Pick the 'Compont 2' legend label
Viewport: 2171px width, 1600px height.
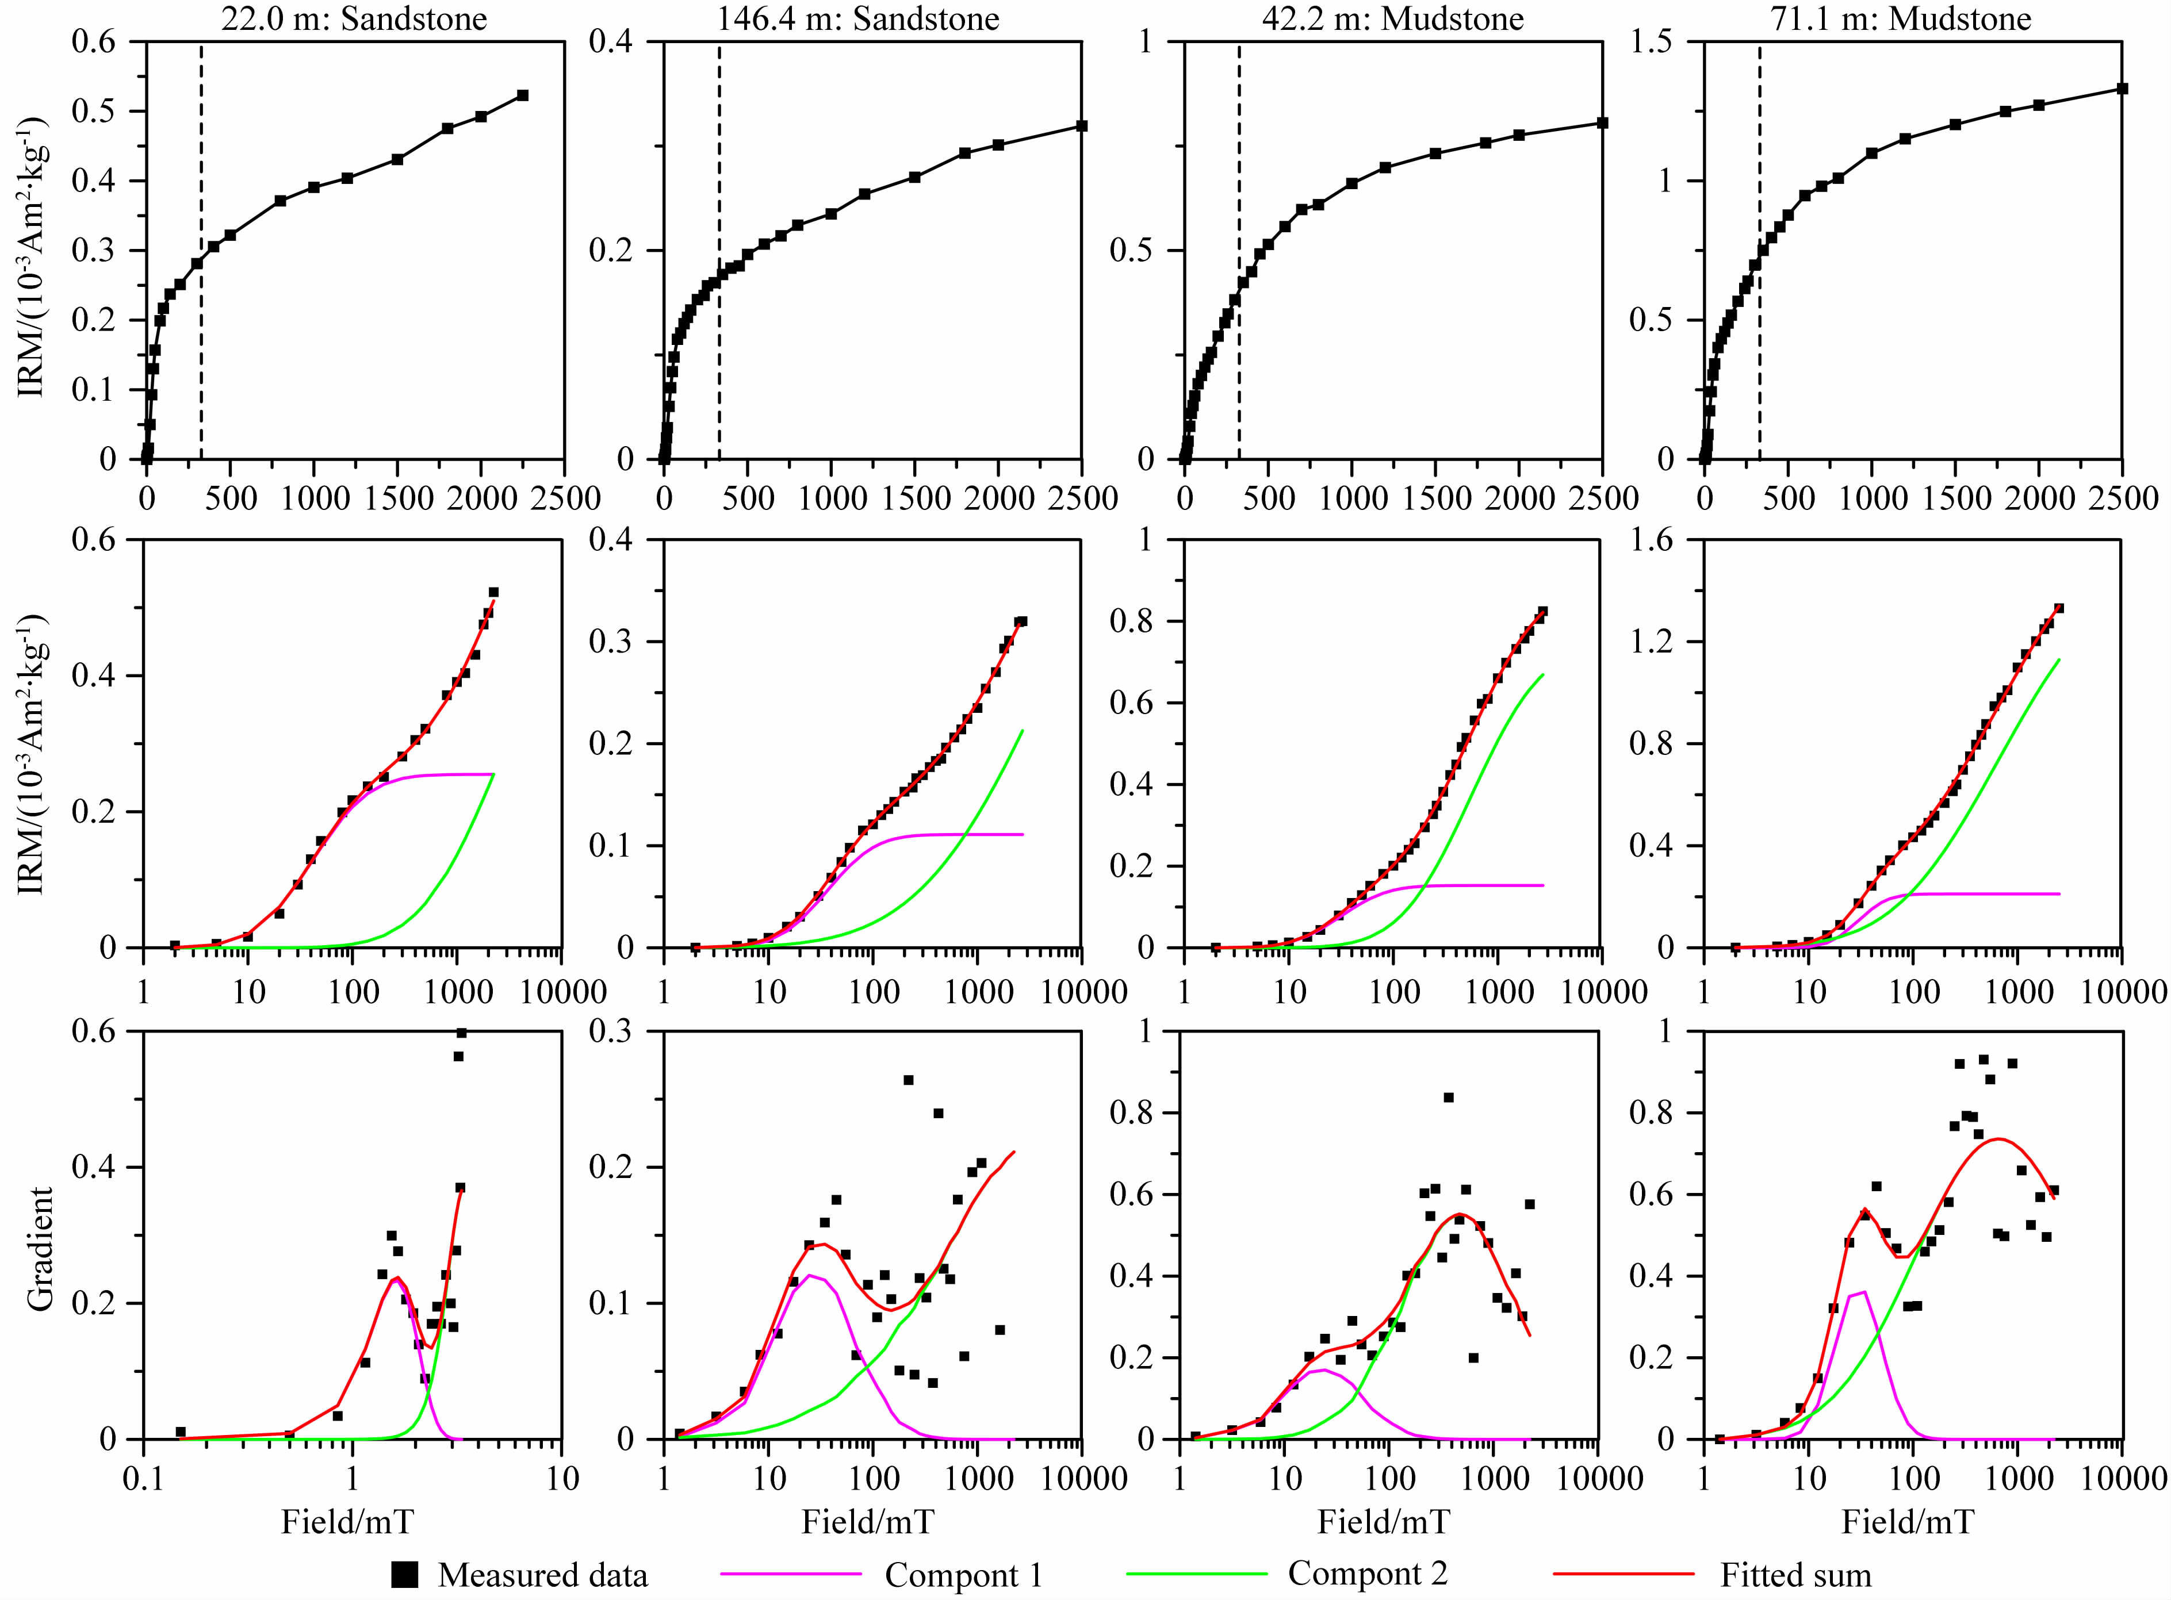point(1367,1573)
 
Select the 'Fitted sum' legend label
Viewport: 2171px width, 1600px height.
point(1795,1575)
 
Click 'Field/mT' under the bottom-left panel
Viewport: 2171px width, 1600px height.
point(347,1522)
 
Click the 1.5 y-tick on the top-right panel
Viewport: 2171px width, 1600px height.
point(1653,41)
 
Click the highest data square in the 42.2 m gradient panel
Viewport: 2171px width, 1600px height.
point(1448,1098)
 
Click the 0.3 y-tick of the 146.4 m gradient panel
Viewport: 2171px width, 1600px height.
point(614,1031)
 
